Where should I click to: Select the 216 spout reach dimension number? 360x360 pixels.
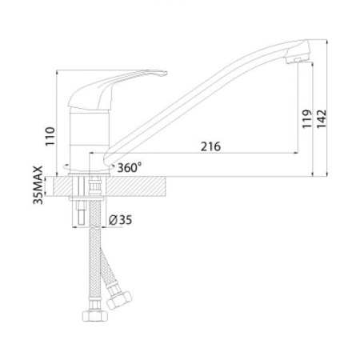(210, 146)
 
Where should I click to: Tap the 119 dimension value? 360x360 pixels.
(307, 120)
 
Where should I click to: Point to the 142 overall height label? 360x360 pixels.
(322, 120)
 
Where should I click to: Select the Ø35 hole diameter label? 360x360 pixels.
(120, 218)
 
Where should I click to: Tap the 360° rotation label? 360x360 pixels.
(129, 168)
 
